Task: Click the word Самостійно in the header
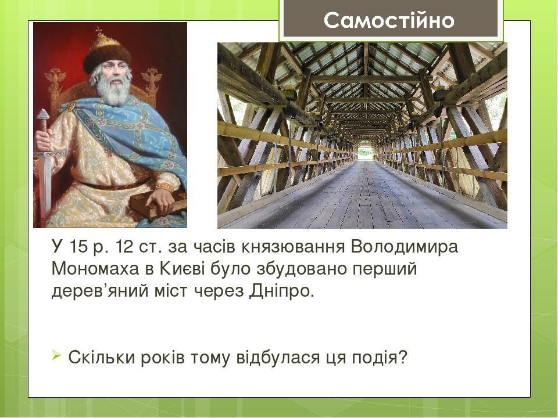tap(389, 20)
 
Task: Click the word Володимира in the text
tap(405, 247)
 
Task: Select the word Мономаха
tap(95, 269)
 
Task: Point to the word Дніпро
tap(281, 291)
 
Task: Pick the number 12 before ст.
tap(124, 247)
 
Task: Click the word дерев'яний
tap(100, 291)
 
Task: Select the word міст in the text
tap(171, 291)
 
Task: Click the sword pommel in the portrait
tap(42, 114)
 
